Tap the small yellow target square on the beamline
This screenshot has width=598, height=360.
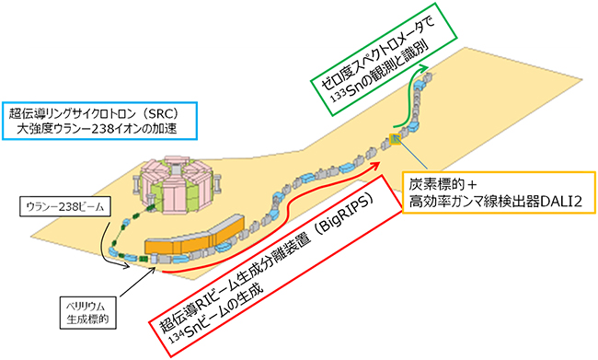[x=395, y=139]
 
